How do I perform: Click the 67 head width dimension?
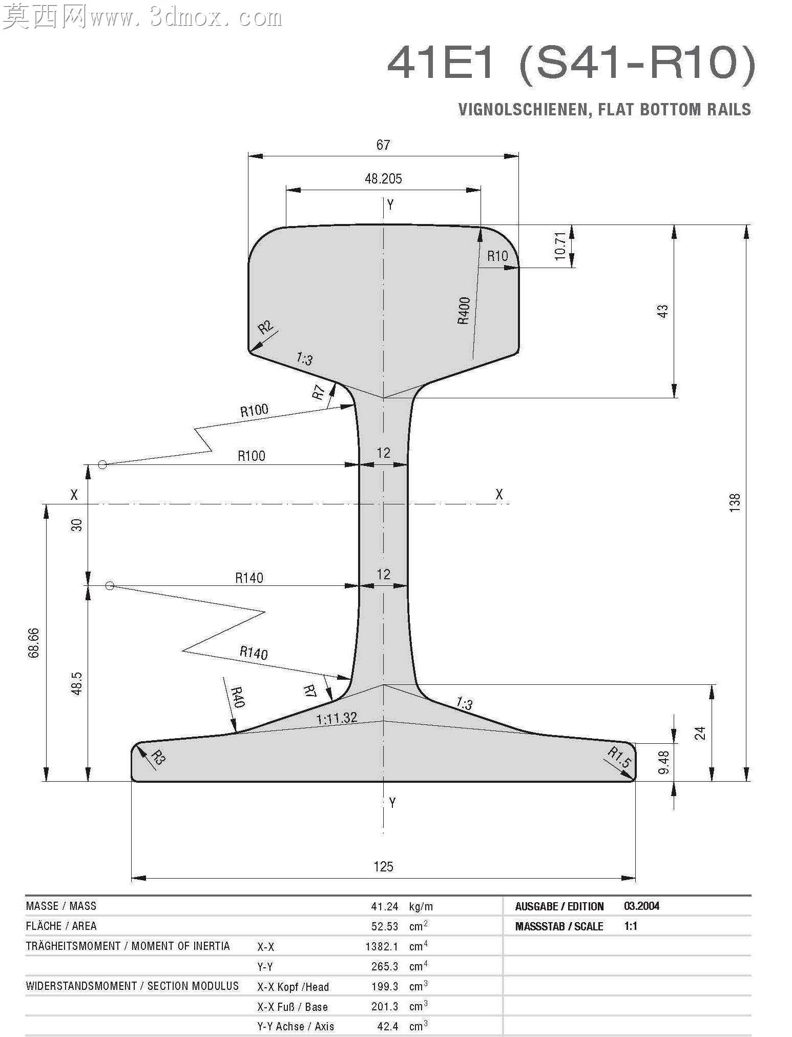pyautogui.click(x=383, y=145)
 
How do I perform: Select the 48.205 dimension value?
pyautogui.click(x=383, y=179)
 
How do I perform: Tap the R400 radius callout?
pyautogui.click(x=464, y=311)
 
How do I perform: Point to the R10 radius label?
pyautogui.click(x=497, y=256)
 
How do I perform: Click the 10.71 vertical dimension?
pyautogui.click(x=560, y=246)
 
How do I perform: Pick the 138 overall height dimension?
pyautogui.click(x=735, y=502)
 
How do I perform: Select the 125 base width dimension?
pyautogui.click(x=383, y=867)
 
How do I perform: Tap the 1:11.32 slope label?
pyautogui.click(x=337, y=718)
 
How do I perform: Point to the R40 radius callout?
pyautogui.click(x=237, y=697)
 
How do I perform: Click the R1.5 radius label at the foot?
pyautogui.click(x=619, y=757)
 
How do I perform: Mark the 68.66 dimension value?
pyautogui.click(x=34, y=643)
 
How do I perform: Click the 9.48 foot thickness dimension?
pyautogui.click(x=663, y=762)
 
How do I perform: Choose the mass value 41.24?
pyautogui.click(x=385, y=906)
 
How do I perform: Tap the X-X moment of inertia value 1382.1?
pyautogui.click(x=382, y=946)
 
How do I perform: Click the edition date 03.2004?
pyautogui.click(x=642, y=906)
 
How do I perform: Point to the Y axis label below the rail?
pyautogui.click(x=392, y=803)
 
